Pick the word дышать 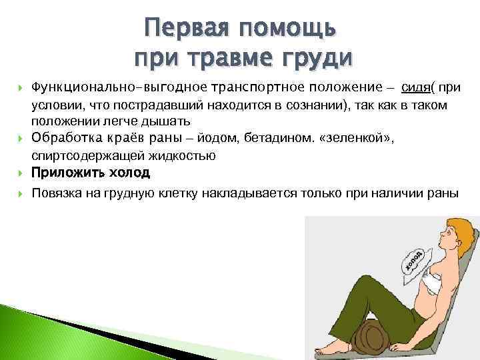169,121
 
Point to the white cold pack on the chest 429,274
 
